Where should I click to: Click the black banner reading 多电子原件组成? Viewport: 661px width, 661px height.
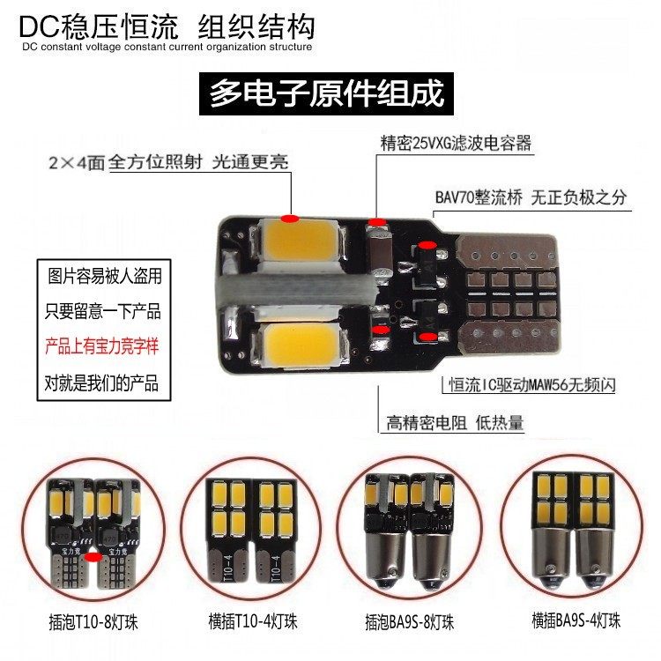(326, 93)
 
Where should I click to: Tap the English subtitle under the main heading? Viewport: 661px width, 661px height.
(167, 47)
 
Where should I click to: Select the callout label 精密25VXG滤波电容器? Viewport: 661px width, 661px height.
(456, 144)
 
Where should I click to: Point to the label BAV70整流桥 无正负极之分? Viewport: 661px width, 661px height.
(531, 197)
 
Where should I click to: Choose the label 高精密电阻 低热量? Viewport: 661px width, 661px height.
(455, 422)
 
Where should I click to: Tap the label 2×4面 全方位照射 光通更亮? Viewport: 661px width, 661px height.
(168, 162)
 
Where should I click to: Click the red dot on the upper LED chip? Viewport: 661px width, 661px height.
(290, 219)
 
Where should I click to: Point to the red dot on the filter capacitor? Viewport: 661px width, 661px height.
(377, 222)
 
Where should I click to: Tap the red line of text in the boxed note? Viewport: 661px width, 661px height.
(102, 346)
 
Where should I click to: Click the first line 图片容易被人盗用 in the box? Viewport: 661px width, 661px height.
(105, 276)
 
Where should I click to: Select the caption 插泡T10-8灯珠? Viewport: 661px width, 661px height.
(93, 622)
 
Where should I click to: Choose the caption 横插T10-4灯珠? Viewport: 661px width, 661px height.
(253, 621)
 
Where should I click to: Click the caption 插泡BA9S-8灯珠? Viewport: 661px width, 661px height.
(409, 622)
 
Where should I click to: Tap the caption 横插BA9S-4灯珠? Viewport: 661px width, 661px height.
(576, 620)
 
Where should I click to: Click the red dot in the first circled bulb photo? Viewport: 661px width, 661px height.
(93, 557)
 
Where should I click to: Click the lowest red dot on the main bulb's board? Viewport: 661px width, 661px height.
(428, 337)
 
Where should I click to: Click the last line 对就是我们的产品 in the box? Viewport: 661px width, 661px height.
(101, 383)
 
